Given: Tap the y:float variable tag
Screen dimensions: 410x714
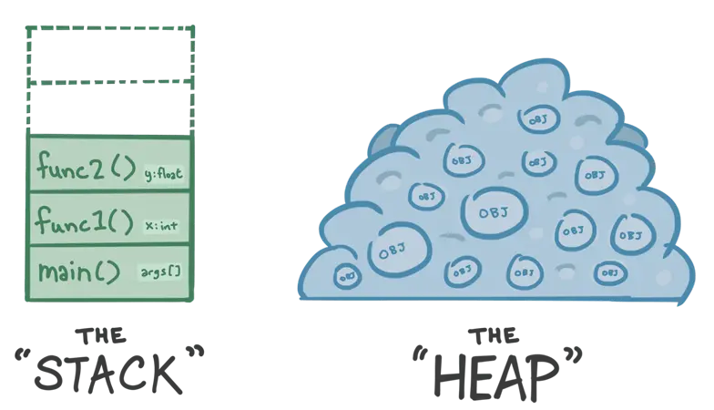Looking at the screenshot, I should pos(165,173).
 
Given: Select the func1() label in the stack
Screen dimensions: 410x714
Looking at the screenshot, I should pos(82,220).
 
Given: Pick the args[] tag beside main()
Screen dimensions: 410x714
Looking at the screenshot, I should pos(162,272).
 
